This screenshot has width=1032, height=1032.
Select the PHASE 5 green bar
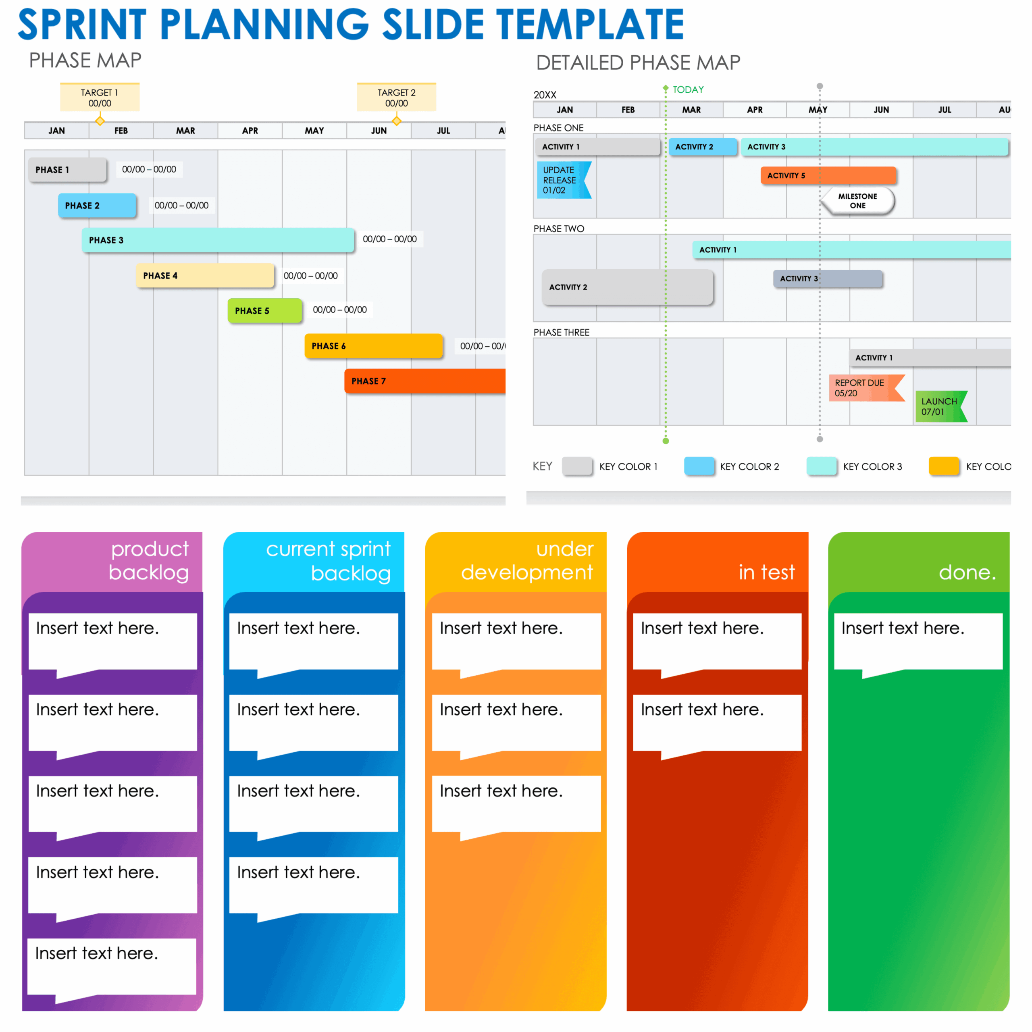[265, 310]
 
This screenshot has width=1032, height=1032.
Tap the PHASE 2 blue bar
[97, 206]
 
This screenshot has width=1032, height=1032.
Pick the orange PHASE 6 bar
[373, 345]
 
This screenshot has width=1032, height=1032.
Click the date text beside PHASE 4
[310, 276]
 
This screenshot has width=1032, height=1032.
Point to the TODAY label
[688, 90]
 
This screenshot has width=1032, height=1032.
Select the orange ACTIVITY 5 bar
[828, 175]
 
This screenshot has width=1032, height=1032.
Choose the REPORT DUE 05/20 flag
[866, 388]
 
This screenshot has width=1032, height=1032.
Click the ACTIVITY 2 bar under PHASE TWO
[628, 287]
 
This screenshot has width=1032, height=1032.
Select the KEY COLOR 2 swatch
[699, 466]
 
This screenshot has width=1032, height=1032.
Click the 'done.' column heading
[967, 572]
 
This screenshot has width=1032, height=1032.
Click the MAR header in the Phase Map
[185, 130]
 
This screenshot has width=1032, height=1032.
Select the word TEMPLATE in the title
[590, 25]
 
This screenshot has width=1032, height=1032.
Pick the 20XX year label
[545, 95]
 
